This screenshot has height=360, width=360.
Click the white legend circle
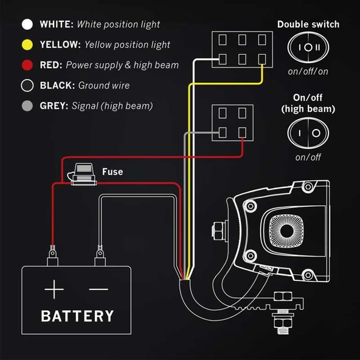(x=27, y=24)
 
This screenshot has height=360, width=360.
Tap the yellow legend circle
(x=27, y=44)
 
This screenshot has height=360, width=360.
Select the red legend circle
(x=27, y=65)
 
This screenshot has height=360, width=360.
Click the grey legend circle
(x=27, y=106)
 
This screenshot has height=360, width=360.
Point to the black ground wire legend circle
(x=27, y=85)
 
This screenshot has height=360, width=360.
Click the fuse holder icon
(x=83, y=175)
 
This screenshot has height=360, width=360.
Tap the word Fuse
(x=112, y=171)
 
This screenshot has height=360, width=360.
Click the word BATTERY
(x=77, y=316)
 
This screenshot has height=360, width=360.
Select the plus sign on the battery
(x=54, y=289)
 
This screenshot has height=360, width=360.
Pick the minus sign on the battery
(x=99, y=289)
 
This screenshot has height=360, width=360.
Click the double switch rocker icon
(x=308, y=47)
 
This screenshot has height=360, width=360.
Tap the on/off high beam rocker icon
(x=308, y=133)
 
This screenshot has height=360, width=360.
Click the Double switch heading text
(x=308, y=24)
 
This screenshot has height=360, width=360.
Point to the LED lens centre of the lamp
(x=286, y=230)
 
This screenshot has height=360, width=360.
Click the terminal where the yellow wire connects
(x=262, y=59)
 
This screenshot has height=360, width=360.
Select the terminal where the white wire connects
(x=223, y=59)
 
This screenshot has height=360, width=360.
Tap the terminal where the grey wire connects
(x=223, y=133)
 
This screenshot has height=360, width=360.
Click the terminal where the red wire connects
(x=242, y=133)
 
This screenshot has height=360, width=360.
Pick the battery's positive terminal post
(x=52, y=256)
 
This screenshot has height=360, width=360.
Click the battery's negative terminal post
(x=100, y=256)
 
